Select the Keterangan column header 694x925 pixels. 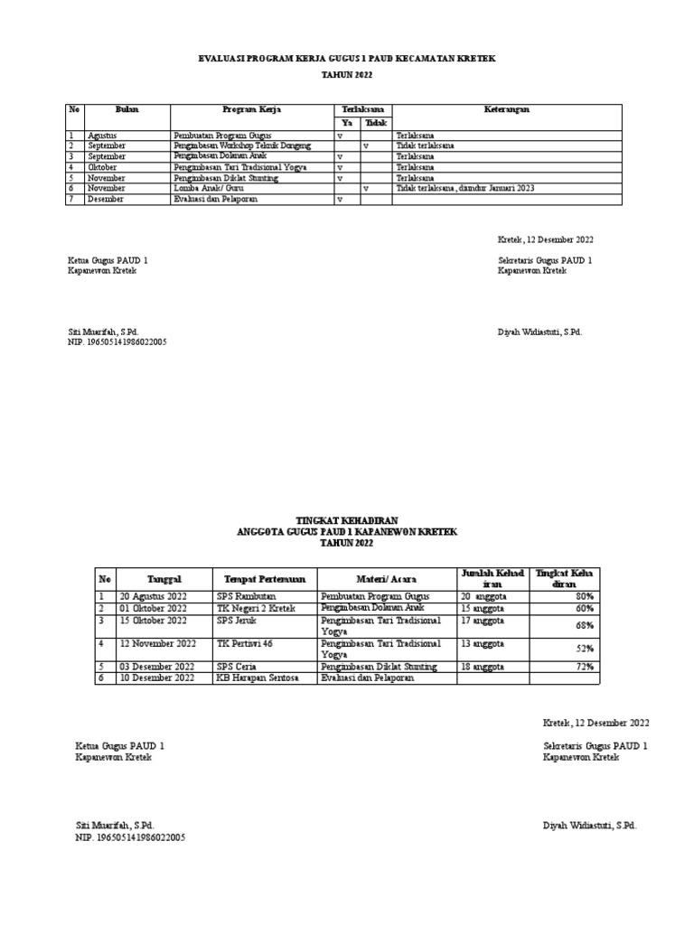pos(506,109)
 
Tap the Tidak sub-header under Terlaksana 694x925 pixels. pos(375,123)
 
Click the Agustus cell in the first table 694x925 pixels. pos(104,135)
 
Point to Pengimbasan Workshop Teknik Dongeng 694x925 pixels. pos(242,145)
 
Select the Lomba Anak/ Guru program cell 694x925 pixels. pos(211,189)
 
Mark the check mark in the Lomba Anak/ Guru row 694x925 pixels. pos(365,189)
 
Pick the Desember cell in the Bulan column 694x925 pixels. pos(107,200)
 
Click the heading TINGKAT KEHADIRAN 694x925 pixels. pos(347,522)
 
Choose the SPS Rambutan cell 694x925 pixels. pos(246,597)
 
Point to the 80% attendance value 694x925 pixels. pos(585,597)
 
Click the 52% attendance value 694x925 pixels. pos(585,649)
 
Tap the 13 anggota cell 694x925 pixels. pos(483,644)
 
